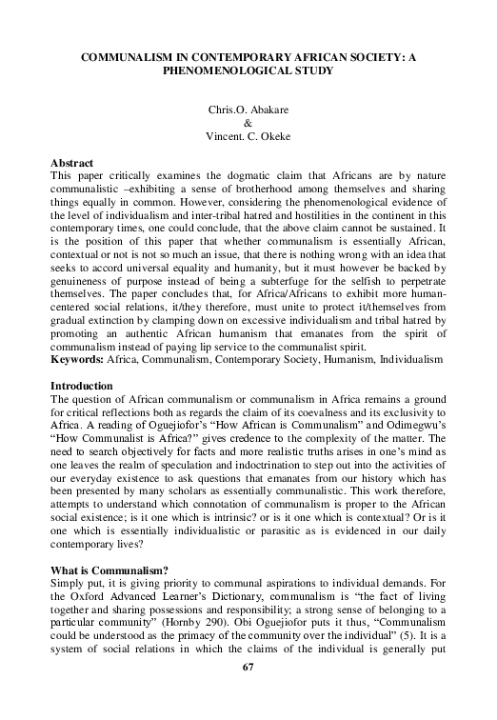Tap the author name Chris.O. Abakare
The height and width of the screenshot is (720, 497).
coord(248,110)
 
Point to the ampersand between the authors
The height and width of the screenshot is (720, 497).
coord(248,124)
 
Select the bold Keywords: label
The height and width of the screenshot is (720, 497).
coord(77,361)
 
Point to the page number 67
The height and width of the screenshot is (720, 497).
coord(248,666)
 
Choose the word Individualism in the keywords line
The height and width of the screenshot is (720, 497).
coord(411,361)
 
